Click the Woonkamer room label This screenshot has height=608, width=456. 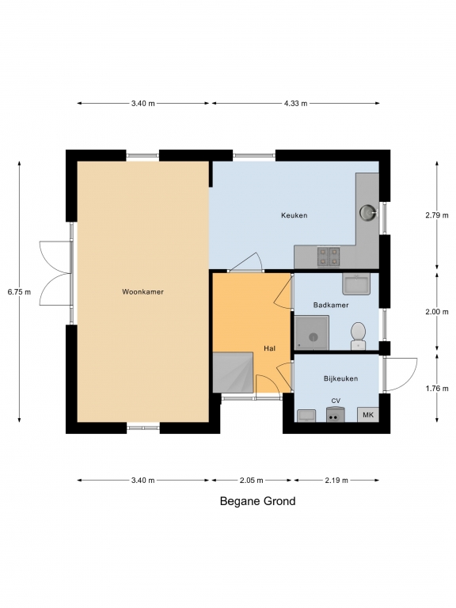(x=142, y=291)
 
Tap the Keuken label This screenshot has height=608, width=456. (x=294, y=215)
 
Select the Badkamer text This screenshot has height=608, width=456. (x=331, y=305)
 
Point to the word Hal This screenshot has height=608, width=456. (x=269, y=348)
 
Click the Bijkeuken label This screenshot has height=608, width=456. (x=341, y=378)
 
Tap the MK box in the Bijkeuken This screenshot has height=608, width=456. (x=368, y=415)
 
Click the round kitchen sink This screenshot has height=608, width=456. (x=367, y=212)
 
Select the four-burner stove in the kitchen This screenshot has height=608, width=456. (x=329, y=256)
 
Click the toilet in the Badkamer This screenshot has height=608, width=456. (x=358, y=336)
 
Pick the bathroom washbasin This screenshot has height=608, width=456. (x=356, y=283)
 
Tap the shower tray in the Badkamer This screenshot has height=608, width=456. (x=312, y=332)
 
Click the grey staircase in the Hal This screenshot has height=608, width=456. (x=233, y=372)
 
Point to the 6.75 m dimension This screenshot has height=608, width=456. (x=19, y=292)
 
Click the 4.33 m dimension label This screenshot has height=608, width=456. (x=295, y=103)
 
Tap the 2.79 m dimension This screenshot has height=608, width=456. (x=437, y=215)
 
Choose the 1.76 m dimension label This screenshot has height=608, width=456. (x=437, y=388)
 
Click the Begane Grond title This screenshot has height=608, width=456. (x=257, y=501)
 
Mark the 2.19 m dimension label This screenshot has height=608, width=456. (x=336, y=481)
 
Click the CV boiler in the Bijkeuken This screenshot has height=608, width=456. (x=336, y=414)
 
